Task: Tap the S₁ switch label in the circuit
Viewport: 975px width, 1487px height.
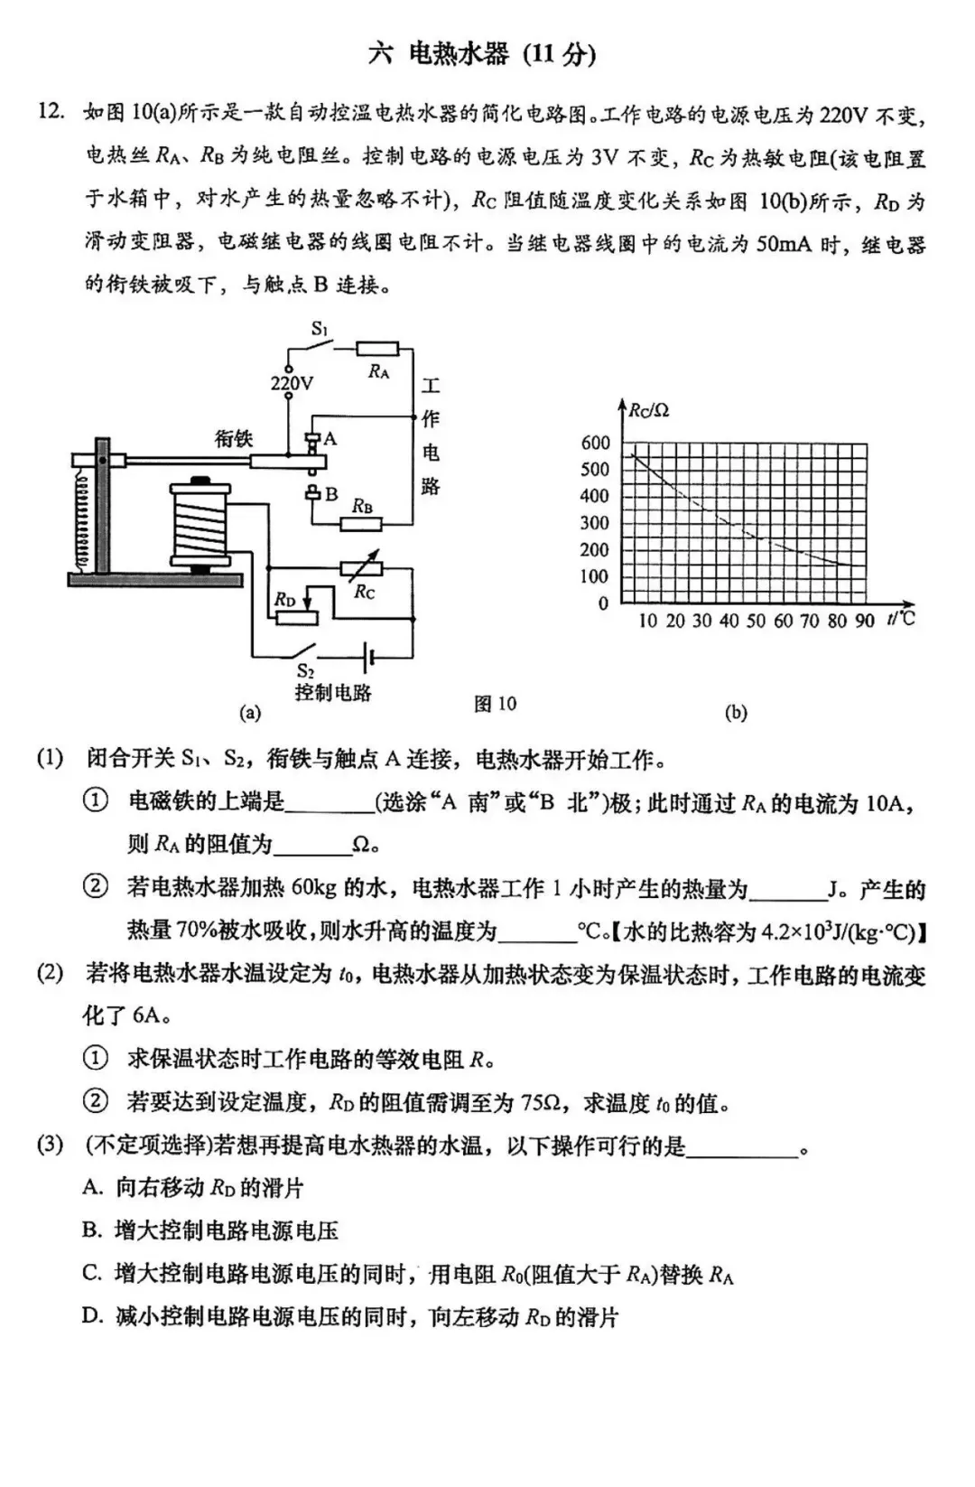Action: click(x=320, y=328)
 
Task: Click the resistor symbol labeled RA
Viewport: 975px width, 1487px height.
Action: click(x=376, y=348)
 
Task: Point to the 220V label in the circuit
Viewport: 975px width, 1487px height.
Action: click(x=292, y=384)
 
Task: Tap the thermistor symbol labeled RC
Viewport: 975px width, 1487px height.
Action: click(x=361, y=569)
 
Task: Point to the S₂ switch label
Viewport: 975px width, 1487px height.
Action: click(x=305, y=670)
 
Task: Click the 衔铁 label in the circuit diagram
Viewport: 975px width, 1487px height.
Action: click(x=233, y=439)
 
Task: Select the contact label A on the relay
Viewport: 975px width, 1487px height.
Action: click(x=330, y=439)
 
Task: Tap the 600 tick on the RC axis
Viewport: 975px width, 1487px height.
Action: click(x=595, y=443)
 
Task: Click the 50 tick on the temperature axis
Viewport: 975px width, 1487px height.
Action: click(x=756, y=621)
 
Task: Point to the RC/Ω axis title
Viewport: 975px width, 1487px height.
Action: click(x=649, y=411)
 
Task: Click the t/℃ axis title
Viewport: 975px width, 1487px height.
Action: click(x=900, y=619)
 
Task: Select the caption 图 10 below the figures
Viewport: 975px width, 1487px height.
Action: click(x=495, y=704)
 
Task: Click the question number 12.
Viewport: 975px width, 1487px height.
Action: click(x=51, y=112)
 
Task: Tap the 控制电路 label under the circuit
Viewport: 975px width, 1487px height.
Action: click(x=332, y=693)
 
